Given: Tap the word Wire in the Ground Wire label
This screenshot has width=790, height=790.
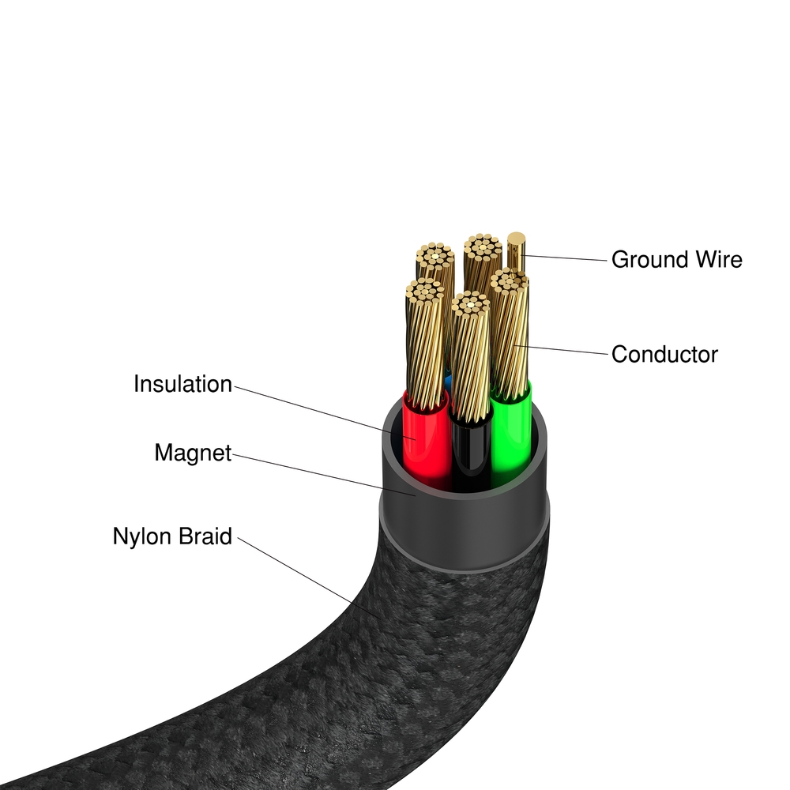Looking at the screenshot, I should coord(714,259).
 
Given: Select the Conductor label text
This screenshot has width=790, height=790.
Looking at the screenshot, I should coord(664,354).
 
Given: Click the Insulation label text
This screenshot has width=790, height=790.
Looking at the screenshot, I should coord(182,385).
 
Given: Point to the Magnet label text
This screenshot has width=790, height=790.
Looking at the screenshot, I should coord(193,453).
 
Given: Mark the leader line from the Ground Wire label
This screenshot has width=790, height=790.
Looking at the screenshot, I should coord(565,257).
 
